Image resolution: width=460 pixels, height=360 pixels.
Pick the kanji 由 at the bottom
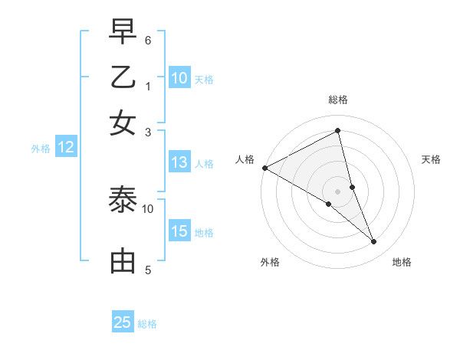click(123, 261)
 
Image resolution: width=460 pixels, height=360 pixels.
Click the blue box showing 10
click(179, 78)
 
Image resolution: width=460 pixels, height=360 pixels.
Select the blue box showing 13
click(179, 162)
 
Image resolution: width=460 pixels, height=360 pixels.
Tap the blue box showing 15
click(179, 231)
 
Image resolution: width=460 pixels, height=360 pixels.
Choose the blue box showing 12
click(66, 148)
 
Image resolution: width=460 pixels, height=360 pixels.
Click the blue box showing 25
click(123, 322)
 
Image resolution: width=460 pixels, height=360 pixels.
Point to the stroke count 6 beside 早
click(148, 40)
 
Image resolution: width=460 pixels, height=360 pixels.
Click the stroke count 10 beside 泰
click(148, 208)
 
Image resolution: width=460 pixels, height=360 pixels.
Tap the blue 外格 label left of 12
click(40, 149)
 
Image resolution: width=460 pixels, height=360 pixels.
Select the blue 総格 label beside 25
click(147, 324)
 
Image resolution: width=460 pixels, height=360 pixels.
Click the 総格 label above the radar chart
click(337, 100)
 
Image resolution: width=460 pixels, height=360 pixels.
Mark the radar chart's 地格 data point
click(374, 242)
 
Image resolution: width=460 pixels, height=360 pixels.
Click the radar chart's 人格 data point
click(264, 168)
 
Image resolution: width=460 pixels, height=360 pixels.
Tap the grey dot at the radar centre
click(337, 190)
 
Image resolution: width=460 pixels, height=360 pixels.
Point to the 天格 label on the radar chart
click(431, 159)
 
